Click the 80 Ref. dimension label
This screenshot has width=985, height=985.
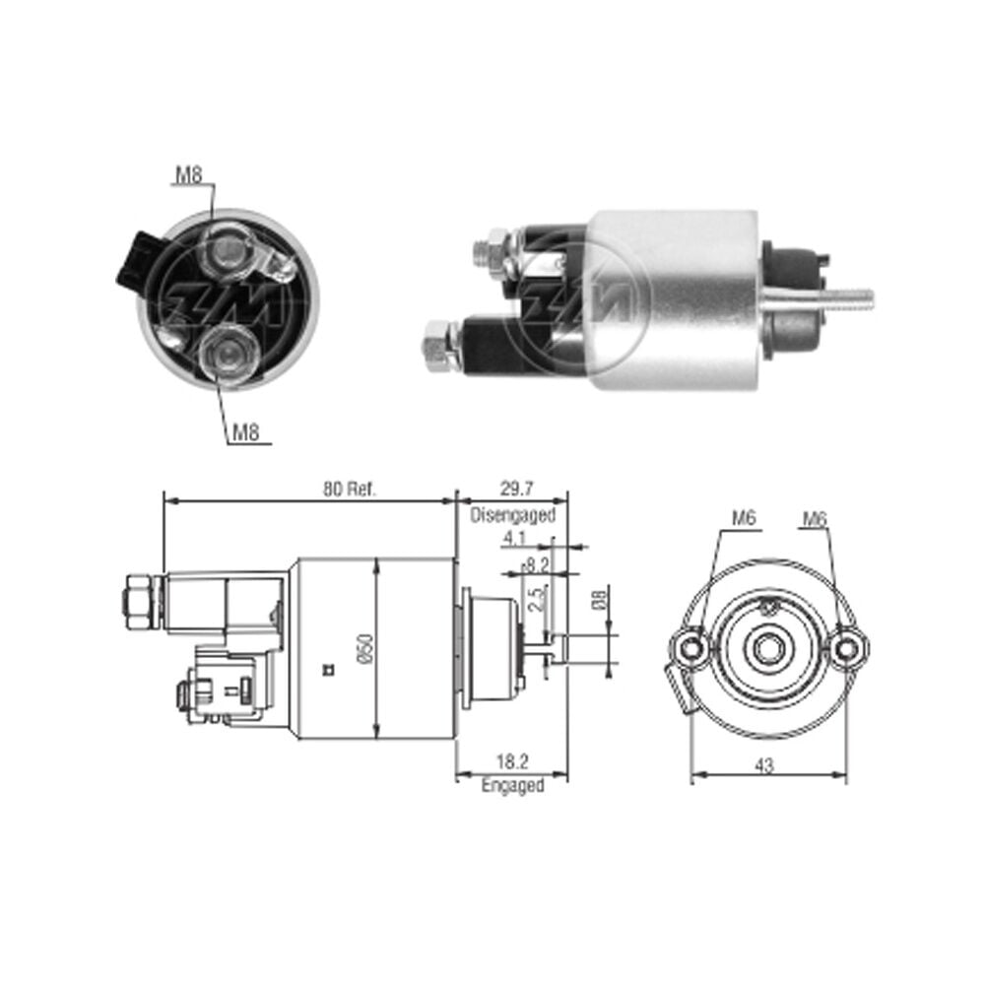coord(350,489)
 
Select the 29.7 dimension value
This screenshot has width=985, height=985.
coord(516,489)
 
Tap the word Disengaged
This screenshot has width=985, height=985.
coord(513,515)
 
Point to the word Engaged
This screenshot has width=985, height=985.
coord(512,785)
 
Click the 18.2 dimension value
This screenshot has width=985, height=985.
coord(512,761)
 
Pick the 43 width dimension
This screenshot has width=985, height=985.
coord(764,765)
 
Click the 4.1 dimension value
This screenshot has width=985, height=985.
coord(514,539)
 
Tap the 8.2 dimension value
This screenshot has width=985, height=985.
coord(536,564)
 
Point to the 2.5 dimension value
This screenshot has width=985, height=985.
coord(536,599)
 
